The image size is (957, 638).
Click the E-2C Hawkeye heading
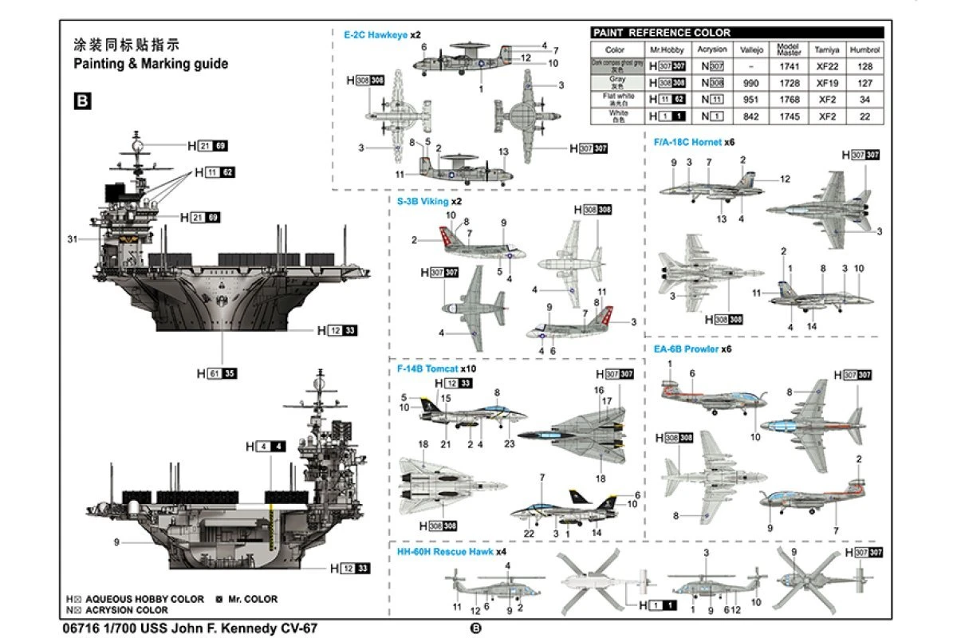coord(376,35)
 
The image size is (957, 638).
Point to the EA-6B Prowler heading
coord(691,349)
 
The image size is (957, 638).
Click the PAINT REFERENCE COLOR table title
coord(662,33)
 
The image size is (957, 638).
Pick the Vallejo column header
coord(751,49)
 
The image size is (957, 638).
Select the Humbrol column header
coord(865,49)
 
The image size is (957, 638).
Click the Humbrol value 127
coord(865,83)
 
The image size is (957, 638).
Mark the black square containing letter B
coord(81,100)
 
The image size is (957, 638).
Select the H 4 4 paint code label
coord(266,447)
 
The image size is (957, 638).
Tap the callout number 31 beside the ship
coord(72,239)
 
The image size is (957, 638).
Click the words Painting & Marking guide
coord(151,64)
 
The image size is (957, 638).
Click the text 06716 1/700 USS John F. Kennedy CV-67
coord(188,628)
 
